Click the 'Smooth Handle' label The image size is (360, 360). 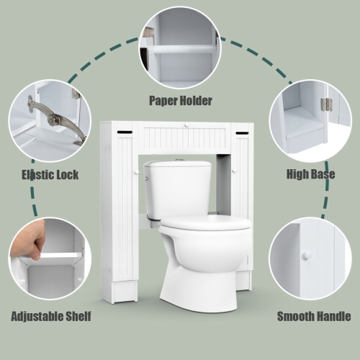pos(313,315)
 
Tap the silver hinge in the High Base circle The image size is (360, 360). pos(325,104)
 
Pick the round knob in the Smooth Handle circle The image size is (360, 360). pos(306,255)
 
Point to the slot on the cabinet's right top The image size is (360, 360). pos(241,133)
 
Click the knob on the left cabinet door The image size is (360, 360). pos(134,171)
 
